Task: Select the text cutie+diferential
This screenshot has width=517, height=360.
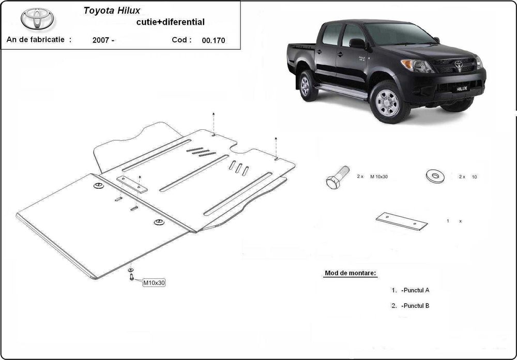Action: tap(170, 22)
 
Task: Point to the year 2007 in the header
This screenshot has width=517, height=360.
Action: tap(103, 40)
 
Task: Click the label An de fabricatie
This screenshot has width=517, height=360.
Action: tap(39, 39)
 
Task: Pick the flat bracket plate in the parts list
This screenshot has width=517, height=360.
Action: tap(402, 221)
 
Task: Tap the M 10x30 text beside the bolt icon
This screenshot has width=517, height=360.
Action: tap(379, 177)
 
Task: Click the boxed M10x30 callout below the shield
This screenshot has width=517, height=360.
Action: tap(154, 282)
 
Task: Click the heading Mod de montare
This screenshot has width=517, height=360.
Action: tap(350, 273)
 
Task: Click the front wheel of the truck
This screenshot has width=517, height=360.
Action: tap(387, 103)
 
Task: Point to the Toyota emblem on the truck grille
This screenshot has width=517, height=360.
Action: tap(458, 64)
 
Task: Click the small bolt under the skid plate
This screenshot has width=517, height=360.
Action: tap(131, 277)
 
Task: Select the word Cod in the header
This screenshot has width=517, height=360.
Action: tap(183, 39)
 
